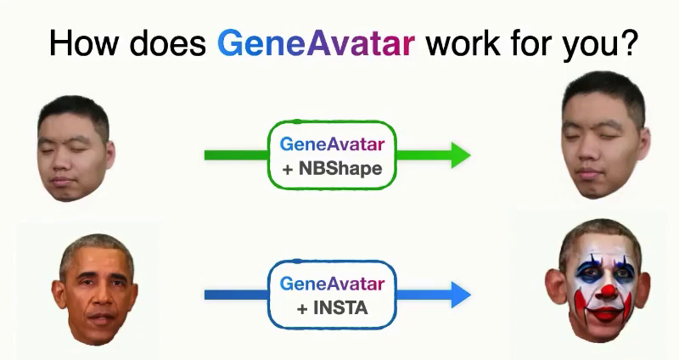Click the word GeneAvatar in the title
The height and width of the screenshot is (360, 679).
[x=316, y=43]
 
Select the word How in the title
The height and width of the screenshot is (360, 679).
[x=84, y=43]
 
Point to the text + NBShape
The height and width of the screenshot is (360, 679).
[x=333, y=168]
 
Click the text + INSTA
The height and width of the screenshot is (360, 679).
[x=333, y=308]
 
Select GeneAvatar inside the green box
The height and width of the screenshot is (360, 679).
[x=332, y=143]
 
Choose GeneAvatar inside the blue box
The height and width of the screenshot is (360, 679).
[x=332, y=284]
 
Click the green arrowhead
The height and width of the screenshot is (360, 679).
[x=461, y=155]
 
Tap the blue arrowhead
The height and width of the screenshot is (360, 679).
[x=461, y=295]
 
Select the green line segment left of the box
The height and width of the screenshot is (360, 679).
[x=237, y=155]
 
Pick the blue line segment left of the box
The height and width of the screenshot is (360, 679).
[x=237, y=295]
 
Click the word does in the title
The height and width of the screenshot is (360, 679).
[x=167, y=43]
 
